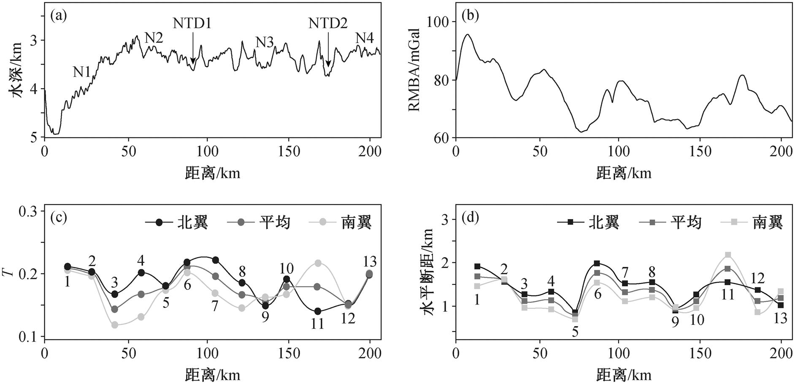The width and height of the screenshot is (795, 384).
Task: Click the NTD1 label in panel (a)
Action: (192, 23)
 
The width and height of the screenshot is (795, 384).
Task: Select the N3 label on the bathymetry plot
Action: (265, 42)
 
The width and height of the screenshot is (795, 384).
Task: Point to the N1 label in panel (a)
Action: (82, 72)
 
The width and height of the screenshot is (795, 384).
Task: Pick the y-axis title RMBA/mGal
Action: (414, 70)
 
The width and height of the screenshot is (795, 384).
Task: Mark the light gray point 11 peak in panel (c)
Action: (318, 263)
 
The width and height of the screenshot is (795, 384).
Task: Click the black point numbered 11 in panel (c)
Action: (318, 311)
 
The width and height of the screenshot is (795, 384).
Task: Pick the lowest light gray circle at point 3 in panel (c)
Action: (114, 325)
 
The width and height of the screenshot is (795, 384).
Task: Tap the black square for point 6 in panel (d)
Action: (597, 264)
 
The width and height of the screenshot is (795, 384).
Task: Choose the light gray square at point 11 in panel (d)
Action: (728, 255)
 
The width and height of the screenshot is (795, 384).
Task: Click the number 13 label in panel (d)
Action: (781, 318)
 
